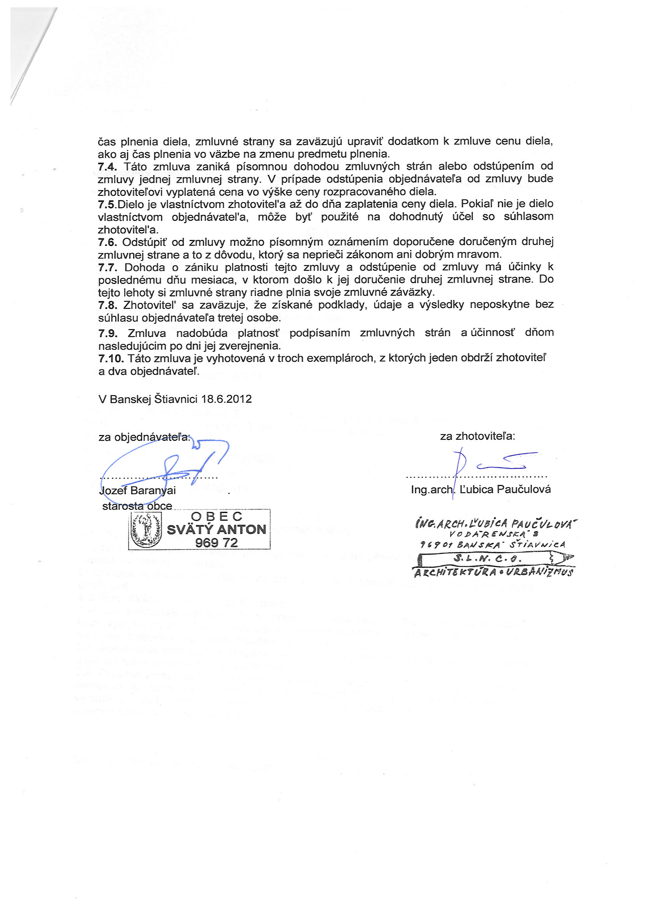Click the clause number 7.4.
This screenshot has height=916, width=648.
[107, 166]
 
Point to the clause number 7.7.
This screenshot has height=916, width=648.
[108, 267]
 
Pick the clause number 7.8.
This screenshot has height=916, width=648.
[108, 305]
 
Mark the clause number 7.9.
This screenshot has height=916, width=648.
[108, 333]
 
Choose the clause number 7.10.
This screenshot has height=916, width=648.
[111, 358]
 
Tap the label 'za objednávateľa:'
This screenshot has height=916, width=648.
[144, 437]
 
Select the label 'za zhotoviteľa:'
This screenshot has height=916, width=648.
[477, 436]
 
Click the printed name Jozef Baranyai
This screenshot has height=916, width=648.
[137, 490]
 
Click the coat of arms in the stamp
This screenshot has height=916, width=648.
[146, 529]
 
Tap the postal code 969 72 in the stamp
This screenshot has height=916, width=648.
[216, 543]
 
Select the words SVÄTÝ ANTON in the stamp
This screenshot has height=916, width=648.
[216, 530]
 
